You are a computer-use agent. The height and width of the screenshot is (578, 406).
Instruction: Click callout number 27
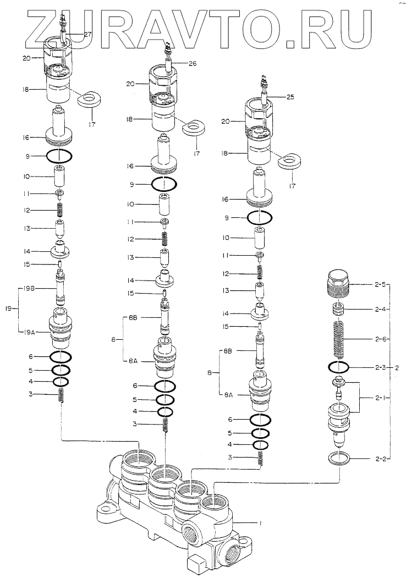88,34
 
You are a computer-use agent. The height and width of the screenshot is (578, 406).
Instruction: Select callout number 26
193,63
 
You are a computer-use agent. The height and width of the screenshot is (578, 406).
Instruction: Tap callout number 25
291,97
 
